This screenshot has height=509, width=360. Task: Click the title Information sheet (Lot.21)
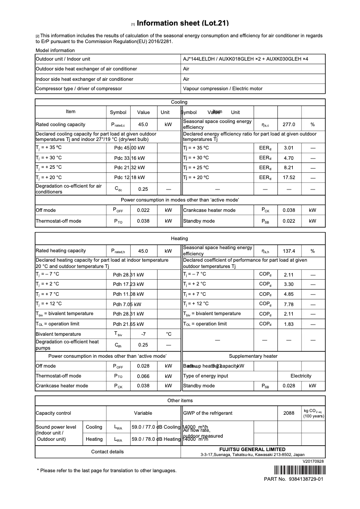(x=183, y=23)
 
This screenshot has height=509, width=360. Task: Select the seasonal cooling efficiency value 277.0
(x=289, y=124)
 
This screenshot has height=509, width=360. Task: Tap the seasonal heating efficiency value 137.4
(x=289, y=251)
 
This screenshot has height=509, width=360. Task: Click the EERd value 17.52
(x=289, y=177)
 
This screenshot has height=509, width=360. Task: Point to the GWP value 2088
(x=289, y=413)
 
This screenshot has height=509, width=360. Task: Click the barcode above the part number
(x=299, y=471)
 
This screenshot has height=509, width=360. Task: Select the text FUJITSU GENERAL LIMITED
(x=252, y=449)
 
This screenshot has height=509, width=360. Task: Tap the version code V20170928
(x=313, y=461)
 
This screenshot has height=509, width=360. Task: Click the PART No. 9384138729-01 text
(x=294, y=479)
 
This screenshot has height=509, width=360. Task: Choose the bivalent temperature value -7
(x=143, y=334)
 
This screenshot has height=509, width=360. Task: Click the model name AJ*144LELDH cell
(x=246, y=59)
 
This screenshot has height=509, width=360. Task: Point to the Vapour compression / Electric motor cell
(x=223, y=88)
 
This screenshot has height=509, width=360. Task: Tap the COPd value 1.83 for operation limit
(x=289, y=324)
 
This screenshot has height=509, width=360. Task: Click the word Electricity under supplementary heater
(x=301, y=376)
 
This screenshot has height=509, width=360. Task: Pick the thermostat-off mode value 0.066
(x=143, y=376)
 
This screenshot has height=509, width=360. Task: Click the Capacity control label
(x=53, y=413)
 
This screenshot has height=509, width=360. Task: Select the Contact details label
(x=107, y=452)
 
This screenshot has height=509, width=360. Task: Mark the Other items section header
(x=180, y=400)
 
